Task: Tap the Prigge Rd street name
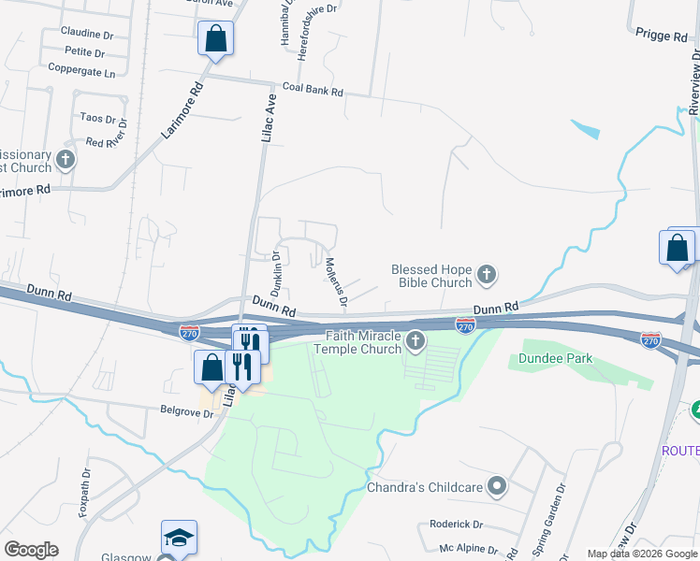(661, 36)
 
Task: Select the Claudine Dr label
(87, 33)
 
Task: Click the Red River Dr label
(106, 143)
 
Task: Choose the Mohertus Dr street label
(335, 282)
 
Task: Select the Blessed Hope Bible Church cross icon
(486, 275)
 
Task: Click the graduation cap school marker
(179, 538)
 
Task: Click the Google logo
(31, 550)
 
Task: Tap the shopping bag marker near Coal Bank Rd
(215, 39)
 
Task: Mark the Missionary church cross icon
(66, 160)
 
